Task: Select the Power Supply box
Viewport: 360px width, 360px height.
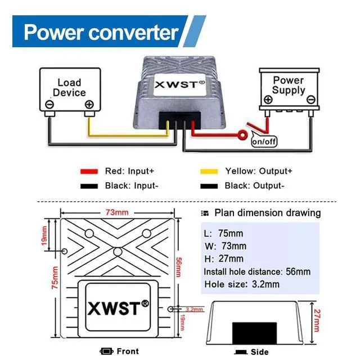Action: click(288, 87)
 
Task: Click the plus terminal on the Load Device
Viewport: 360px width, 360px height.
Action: click(89, 105)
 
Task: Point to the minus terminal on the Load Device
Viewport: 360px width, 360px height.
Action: click(50, 105)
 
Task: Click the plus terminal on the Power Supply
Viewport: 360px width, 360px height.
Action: click(268, 100)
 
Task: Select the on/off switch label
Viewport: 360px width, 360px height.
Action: click(264, 141)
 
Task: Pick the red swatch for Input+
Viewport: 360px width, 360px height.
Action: click(89, 171)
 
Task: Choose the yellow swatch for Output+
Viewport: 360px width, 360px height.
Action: click(210, 171)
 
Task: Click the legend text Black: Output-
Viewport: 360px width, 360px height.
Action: click(254, 186)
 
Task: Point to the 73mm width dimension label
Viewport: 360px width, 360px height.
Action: click(118, 213)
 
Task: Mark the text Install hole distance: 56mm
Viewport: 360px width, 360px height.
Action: click(256, 272)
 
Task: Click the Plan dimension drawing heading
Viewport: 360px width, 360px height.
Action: click(267, 213)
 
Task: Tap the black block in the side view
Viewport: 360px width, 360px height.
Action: click(254, 331)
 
